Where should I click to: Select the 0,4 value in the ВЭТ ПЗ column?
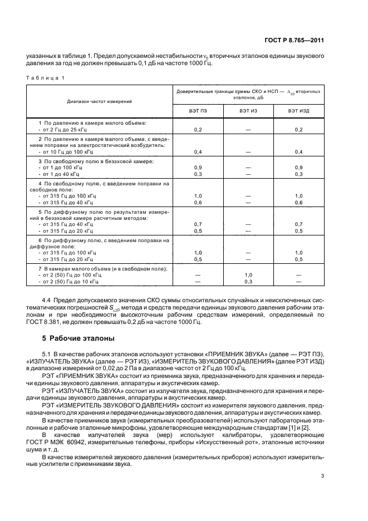point(198,152)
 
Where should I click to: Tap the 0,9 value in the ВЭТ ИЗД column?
point(298,168)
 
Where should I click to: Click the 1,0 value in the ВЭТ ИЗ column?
point(248,275)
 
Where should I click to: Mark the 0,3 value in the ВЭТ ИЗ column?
point(248,282)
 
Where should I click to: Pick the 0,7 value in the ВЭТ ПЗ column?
point(198,223)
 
